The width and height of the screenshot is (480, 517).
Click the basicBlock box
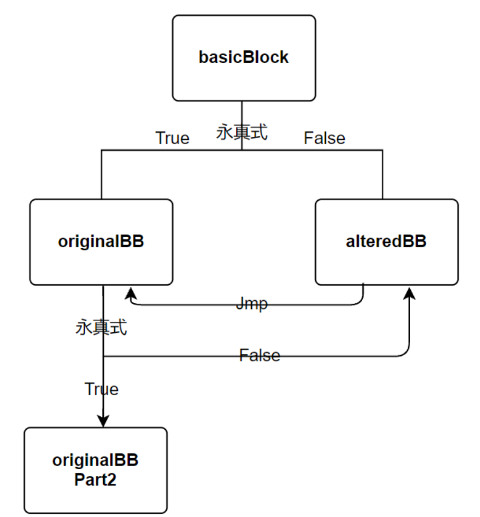point(243,58)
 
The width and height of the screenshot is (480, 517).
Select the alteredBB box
point(387,242)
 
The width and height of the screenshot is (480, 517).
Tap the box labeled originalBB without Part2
point(101,242)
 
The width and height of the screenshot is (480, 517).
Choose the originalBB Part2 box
point(95,470)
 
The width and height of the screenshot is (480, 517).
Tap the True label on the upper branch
point(172,138)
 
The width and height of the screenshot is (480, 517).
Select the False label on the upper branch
point(324,138)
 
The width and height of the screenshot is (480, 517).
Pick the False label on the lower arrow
point(260,355)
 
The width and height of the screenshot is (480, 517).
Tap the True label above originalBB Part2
point(101,389)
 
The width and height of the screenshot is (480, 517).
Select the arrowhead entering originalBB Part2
point(103,421)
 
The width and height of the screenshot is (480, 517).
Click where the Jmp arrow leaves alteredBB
point(363,287)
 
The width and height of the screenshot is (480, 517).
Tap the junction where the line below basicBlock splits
point(242,150)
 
